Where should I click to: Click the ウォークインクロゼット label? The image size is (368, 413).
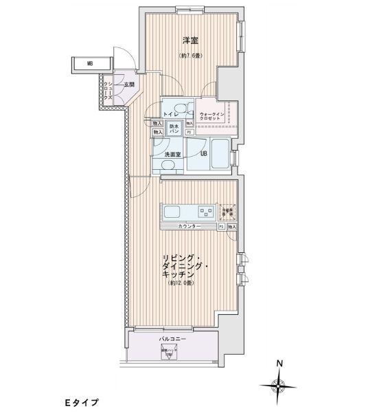click(x=209, y=116)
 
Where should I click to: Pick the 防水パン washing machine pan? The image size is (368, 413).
click(x=174, y=128)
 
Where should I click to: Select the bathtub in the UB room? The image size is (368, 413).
click(x=219, y=153)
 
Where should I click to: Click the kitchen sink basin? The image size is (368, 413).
click(x=170, y=210)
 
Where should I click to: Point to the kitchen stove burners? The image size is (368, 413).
click(x=205, y=210)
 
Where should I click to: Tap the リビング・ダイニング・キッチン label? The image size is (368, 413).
click(x=183, y=265)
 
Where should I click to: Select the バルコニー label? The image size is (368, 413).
click(x=170, y=339)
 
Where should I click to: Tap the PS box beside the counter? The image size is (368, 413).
click(x=221, y=226)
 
